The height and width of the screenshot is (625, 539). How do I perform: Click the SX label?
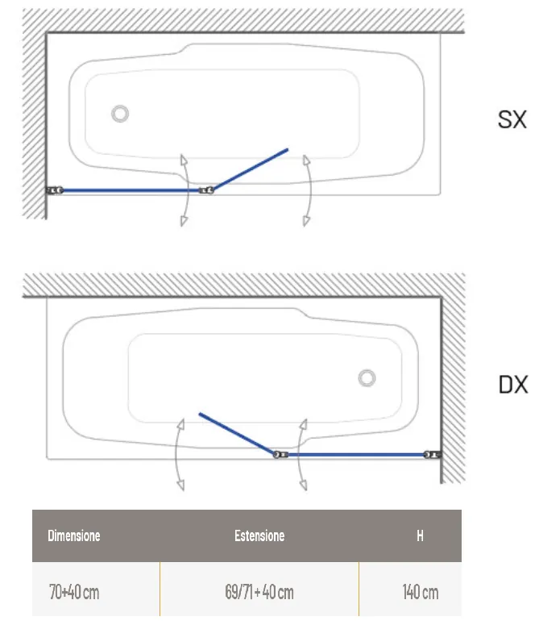pos(512,119)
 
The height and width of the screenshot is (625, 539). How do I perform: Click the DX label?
pos(513,385)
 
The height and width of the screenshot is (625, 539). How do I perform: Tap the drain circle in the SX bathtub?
pos(120,114)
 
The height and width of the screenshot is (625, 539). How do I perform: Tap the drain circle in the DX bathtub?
pos(367,378)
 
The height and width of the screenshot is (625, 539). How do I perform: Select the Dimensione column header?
pos(73,535)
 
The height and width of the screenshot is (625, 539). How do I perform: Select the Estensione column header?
pos(259,535)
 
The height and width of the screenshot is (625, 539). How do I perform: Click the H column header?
pos(420,535)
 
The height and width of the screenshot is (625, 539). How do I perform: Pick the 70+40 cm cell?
pos(74,592)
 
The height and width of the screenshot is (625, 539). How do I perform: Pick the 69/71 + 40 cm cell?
pos(259,592)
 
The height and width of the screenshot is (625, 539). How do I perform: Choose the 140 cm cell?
pos(421,592)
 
